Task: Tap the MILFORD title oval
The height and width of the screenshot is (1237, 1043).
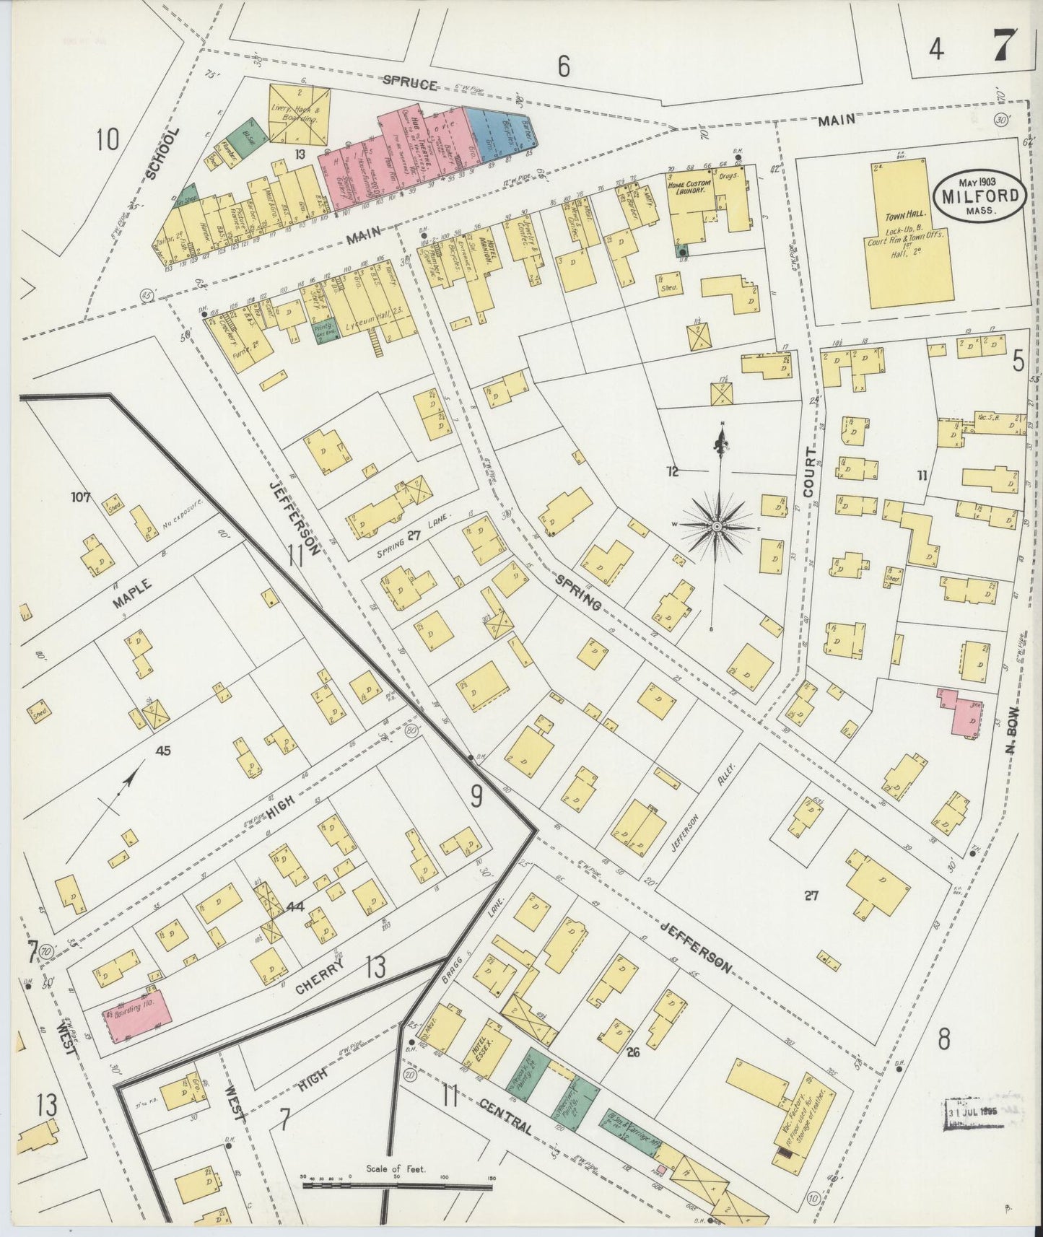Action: pos(980,195)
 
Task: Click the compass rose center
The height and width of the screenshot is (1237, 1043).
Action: pos(716,528)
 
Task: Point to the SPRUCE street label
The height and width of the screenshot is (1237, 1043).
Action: pos(410,84)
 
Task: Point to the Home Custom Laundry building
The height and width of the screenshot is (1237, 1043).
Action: pos(689,203)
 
